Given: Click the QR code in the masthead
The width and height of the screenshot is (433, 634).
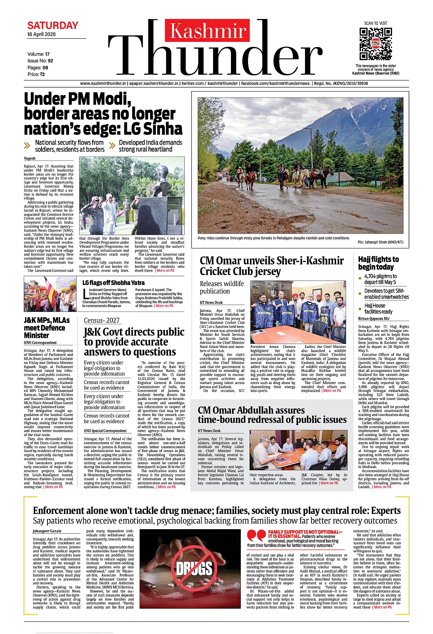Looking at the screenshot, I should tap(375, 43).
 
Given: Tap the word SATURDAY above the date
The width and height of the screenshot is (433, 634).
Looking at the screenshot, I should tap(53, 25).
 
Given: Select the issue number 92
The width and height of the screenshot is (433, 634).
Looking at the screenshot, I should tap(51, 61).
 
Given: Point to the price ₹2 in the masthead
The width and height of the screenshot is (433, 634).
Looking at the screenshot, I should tap(42, 74).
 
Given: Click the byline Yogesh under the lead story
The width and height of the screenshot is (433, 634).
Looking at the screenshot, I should tap(30, 158).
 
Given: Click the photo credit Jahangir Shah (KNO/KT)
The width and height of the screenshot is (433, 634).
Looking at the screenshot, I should tap(380, 242).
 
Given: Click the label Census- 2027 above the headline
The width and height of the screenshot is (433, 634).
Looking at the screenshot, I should tap(102, 320).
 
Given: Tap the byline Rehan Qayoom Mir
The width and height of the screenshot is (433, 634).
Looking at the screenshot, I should tap(374, 318).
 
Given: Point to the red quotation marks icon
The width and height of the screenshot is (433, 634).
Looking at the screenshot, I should tap(256, 536).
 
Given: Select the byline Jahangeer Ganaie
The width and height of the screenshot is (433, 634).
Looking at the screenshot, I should tap(47, 531).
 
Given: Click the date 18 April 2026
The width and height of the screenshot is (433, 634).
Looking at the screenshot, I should tap(41, 35).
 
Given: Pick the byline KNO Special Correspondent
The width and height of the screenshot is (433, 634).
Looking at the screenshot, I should tap(105, 431).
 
